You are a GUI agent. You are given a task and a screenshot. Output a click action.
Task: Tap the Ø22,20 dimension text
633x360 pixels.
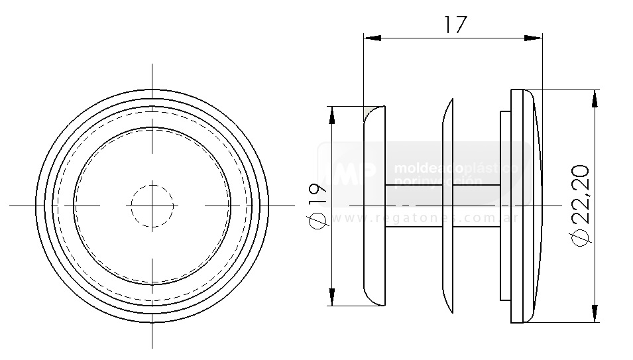click(x=579, y=206)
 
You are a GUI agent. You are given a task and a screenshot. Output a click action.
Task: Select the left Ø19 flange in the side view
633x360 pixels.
click(x=374, y=206)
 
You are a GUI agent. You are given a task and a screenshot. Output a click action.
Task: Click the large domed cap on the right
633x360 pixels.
click(x=527, y=206)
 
